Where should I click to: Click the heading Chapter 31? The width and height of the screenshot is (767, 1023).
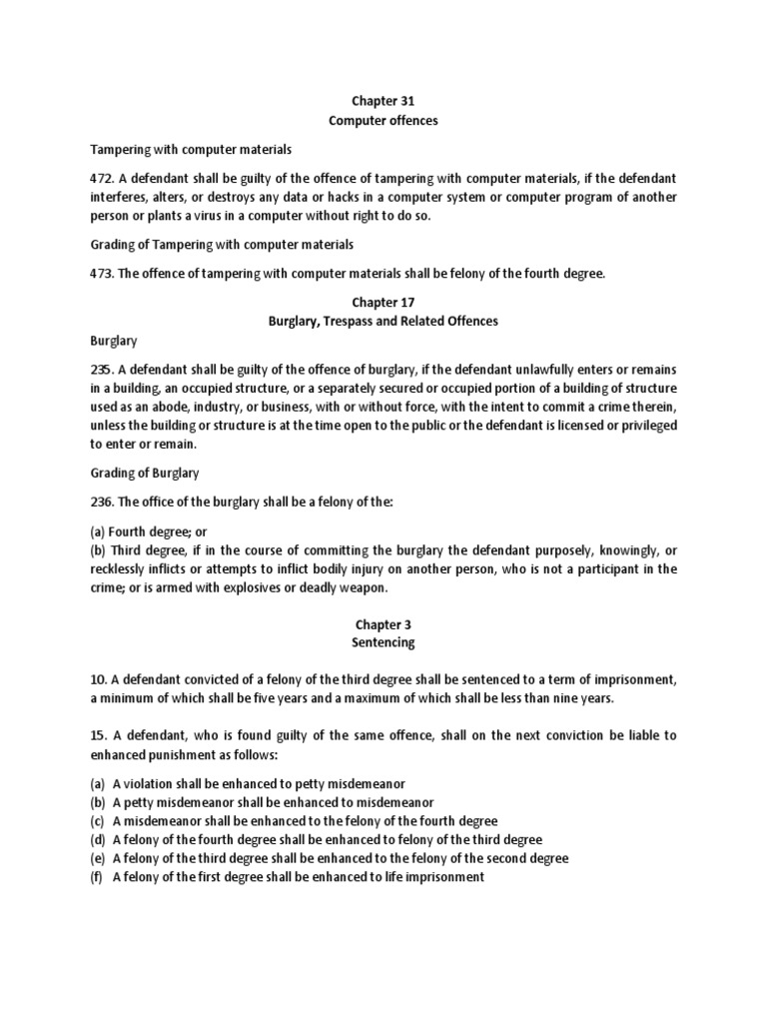click(x=383, y=101)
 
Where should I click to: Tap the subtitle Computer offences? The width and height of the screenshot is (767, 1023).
click(x=383, y=120)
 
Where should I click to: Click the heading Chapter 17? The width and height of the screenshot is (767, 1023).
click(x=383, y=302)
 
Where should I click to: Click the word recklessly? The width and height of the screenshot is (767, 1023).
click(x=122, y=569)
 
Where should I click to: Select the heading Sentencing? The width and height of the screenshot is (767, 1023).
click(x=383, y=642)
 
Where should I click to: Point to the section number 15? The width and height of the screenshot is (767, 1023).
click(x=98, y=735)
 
